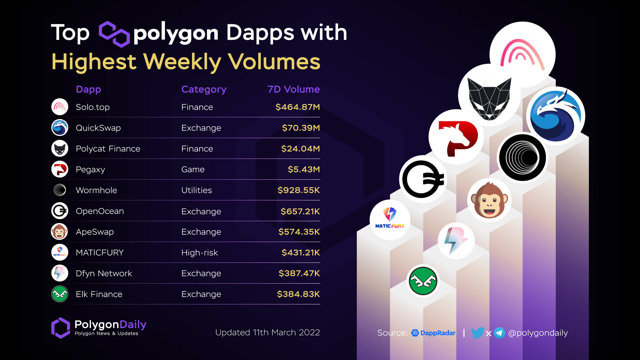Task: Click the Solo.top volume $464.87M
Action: click(x=297, y=107)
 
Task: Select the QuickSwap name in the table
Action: click(x=98, y=128)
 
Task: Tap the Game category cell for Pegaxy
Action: click(x=193, y=170)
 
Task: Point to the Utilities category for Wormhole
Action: click(x=196, y=190)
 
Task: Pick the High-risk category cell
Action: click(x=199, y=253)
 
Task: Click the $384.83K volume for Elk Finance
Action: click(x=298, y=294)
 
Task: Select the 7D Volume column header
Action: click(x=293, y=89)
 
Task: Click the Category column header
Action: click(x=204, y=89)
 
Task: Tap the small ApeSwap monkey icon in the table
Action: click(x=59, y=232)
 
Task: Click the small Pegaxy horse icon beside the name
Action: click(x=60, y=169)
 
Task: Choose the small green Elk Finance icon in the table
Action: click(x=60, y=294)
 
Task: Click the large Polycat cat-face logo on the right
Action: click(x=489, y=99)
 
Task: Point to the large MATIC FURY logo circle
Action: click(x=390, y=220)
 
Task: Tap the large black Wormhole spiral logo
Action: click(x=522, y=158)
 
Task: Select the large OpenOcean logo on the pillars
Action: click(x=423, y=179)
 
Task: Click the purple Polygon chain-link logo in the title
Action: click(x=114, y=34)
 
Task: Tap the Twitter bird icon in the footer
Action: click(x=477, y=333)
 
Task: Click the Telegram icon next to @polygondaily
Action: click(x=499, y=333)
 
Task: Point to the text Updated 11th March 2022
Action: click(x=267, y=333)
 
